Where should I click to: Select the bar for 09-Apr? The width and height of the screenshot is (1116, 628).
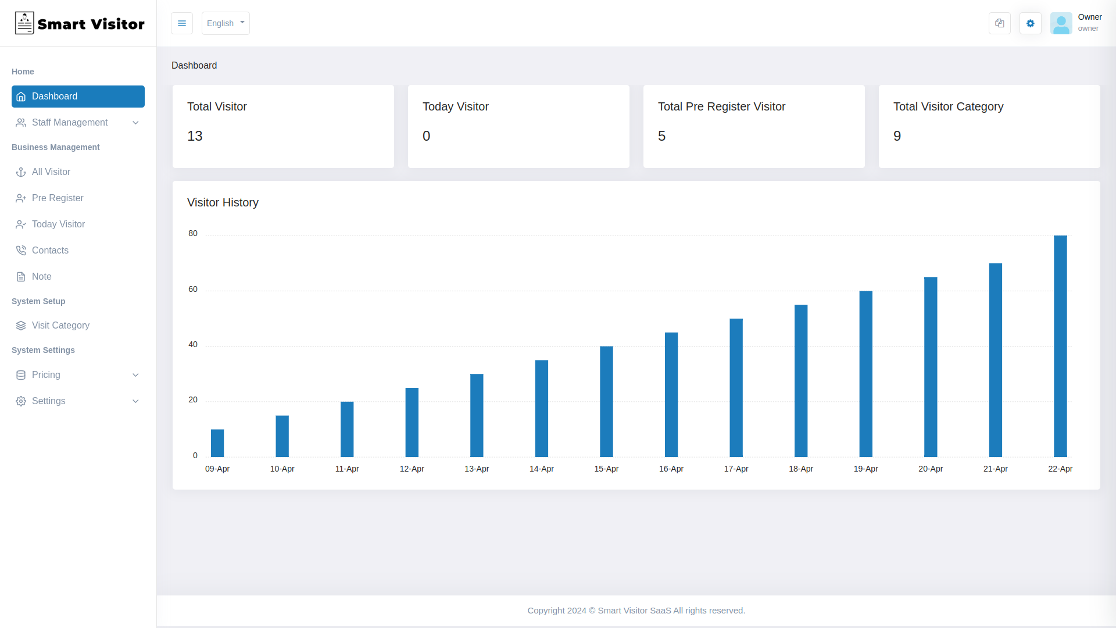(x=217, y=443)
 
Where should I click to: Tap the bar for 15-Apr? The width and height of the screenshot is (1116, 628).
(x=606, y=401)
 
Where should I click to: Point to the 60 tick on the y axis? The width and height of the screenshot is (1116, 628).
(x=193, y=289)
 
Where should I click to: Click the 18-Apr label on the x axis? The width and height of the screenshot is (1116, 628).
(x=800, y=469)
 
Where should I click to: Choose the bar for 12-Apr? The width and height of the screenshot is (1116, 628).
(x=412, y=422)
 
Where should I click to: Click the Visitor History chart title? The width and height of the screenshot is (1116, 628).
(x=223, y=202)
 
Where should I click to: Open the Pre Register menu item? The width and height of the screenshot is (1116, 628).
(x=58, y=198)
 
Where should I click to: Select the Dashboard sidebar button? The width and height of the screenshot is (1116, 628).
(x=78, y=97)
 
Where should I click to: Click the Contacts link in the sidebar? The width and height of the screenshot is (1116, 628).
(x=50, y=251)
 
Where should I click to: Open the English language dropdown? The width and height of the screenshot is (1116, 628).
(x=226, y=23)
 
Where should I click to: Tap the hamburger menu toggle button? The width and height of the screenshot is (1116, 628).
(x=182, y=23)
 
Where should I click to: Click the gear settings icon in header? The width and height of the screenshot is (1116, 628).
(x=1030, y=23)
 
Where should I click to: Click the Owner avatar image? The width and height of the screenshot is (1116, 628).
(x=1061, y=23)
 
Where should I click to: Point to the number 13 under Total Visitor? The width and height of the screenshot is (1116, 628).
(x=195, y=136)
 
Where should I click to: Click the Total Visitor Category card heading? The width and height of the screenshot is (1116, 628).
(x=948, y=106)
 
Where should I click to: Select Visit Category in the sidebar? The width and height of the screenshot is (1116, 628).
(x=60, y=326)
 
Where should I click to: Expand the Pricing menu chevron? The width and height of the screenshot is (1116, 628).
(x=135, y=375)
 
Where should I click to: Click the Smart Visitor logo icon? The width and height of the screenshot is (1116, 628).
(x=24, y=23)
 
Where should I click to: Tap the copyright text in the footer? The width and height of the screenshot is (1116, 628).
(x=636, y=611)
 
